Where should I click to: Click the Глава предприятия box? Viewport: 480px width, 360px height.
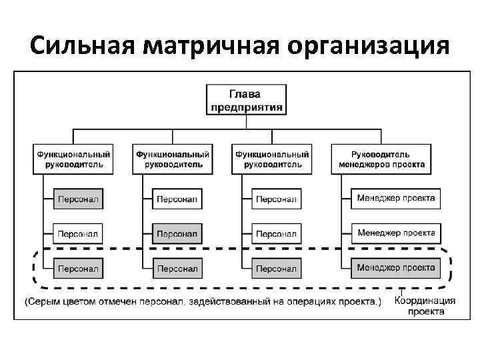pos(247,99)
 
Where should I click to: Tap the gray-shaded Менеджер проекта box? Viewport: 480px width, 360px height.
pos(395,268)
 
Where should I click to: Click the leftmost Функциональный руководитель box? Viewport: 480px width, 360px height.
pos(73,159)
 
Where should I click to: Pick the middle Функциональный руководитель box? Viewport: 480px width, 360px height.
pos(173,159)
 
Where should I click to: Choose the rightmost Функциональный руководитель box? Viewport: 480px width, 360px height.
pos(272,159)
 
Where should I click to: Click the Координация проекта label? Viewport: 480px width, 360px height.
pos(425,305)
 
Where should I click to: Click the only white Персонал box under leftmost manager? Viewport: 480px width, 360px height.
pos(77,234)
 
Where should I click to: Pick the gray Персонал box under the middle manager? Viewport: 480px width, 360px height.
pos(177,234)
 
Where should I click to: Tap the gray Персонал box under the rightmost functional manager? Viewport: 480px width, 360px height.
pos(276,269)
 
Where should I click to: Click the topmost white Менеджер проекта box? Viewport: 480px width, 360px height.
pos(395,198)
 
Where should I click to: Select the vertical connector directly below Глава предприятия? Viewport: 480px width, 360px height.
pos(247,122)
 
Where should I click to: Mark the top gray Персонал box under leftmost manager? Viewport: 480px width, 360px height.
pos(77,199)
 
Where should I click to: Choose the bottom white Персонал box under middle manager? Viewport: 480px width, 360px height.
pos(177,269)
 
